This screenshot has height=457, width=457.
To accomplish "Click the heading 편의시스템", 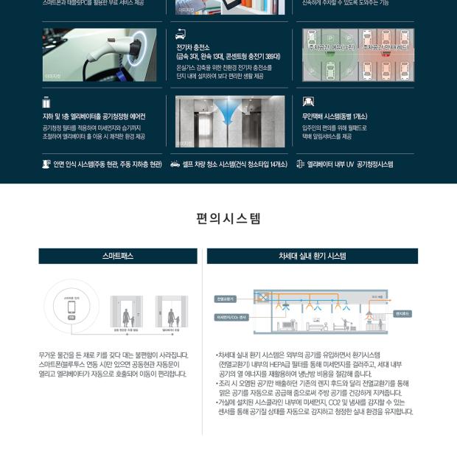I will [x=228, y=218].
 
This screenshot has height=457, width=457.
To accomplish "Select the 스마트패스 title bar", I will [x=118, y=256].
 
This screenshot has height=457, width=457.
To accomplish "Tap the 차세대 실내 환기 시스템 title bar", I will [x=312, y=256].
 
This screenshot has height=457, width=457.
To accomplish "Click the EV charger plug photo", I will [x=100, y=55].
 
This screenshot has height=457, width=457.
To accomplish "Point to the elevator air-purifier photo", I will [x=229, y=121].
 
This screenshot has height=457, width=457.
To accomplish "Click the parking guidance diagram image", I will [x=357, y=55].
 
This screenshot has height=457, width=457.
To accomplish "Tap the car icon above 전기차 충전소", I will [x=181, y=34].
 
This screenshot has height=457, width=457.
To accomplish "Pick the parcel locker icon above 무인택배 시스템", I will [x=308, y=102].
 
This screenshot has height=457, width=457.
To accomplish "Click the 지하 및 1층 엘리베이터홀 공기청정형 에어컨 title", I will [x=94, y=116].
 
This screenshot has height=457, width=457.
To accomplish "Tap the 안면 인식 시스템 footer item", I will [x=102, y=164].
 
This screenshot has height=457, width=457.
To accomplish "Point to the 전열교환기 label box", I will [x=225, y=299].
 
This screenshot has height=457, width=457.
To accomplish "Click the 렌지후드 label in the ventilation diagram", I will [x=402, y=313].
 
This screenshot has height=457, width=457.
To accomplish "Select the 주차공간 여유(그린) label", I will [x=331, y=47].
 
